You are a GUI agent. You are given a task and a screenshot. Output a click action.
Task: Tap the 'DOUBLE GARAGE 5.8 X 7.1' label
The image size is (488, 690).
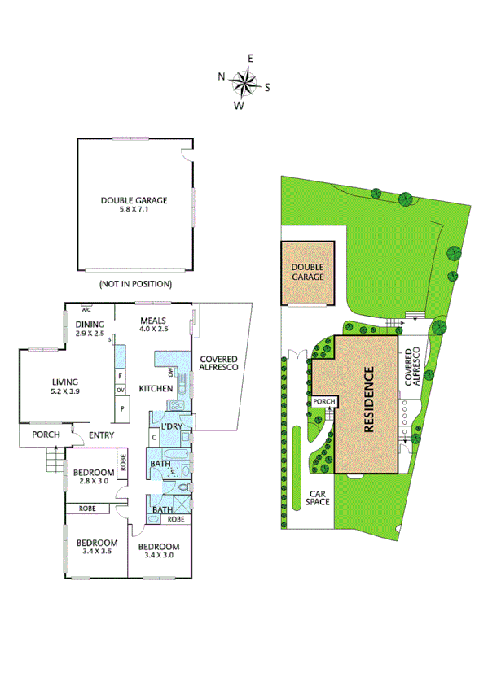click(x=134, y=204)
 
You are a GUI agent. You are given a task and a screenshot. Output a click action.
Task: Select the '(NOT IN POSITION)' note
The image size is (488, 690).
click(x=134, y=284)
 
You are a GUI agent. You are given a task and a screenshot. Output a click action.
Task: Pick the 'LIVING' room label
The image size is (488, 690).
click(x=64, y=386)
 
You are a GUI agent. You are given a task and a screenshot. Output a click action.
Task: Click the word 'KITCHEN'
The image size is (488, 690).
click(x=156, y=388)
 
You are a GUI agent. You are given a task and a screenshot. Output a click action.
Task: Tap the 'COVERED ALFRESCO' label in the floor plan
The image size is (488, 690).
click(x=218, y=363)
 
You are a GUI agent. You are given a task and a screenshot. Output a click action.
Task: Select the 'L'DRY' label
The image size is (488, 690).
click(x=171, y=426)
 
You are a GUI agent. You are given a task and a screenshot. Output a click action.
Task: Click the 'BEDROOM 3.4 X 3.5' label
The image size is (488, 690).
click(x=97, y=548)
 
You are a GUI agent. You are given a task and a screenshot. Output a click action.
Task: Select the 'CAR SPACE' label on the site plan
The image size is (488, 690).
click(x=319, y=499)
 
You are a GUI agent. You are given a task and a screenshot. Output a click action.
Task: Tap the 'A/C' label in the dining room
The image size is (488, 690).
click(x=86, y=309)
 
